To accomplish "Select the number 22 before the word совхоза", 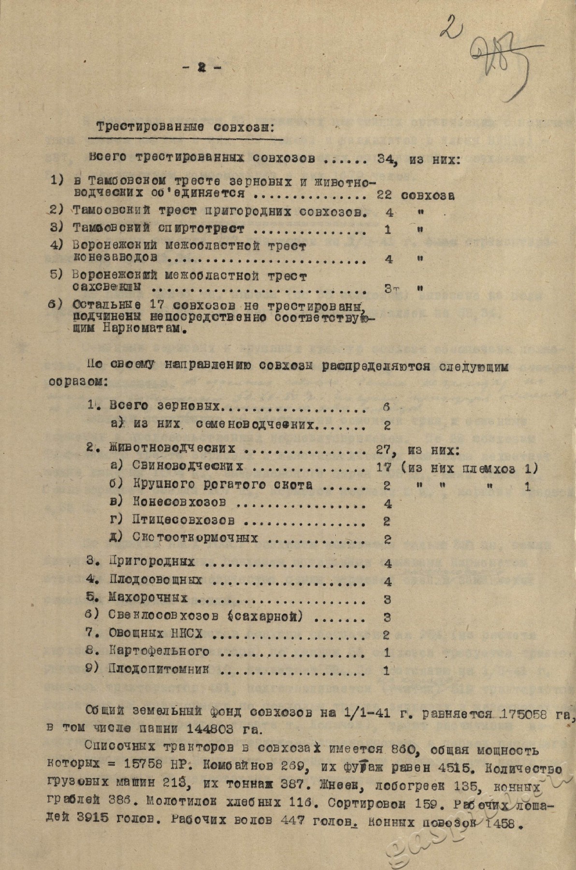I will (x=385, y=195).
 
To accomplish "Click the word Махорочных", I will (x=148, y=598).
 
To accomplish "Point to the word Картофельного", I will (x=159, y=651).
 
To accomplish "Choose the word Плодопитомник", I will (x=159, y=669).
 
